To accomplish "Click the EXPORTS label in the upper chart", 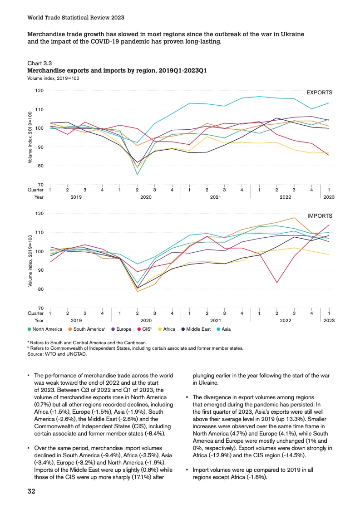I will click(x=319, y=93).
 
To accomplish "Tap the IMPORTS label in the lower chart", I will click(x=320, y=216).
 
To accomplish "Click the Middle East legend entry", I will click(x=197, y=329).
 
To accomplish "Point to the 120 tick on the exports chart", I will click(x=39, y=91).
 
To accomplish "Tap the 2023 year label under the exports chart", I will click(x=329, y=197).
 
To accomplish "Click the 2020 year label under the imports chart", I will click(x=146, y=320).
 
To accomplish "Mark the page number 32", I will click(x=32, y=491).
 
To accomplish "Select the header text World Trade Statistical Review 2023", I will click(x=76, y=18).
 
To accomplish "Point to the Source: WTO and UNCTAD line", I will click(x=57, y=354).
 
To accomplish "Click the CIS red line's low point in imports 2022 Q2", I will click(x=276, y=283).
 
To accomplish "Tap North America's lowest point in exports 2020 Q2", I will click(x=137, y=175).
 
